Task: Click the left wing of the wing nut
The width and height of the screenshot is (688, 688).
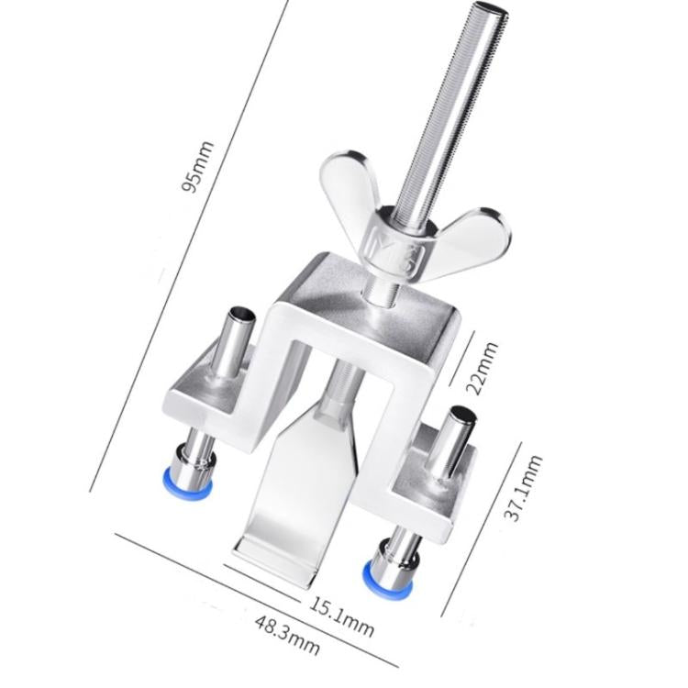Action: point(350,184)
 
